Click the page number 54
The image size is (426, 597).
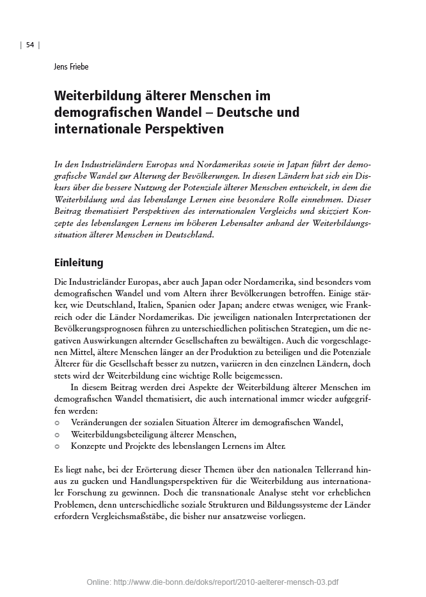click(x=29, y=44)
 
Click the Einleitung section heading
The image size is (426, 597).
click(x=79, y=263)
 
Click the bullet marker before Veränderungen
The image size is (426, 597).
click(x=58, y=423)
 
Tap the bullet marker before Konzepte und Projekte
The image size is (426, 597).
click(x=58, y=446)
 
